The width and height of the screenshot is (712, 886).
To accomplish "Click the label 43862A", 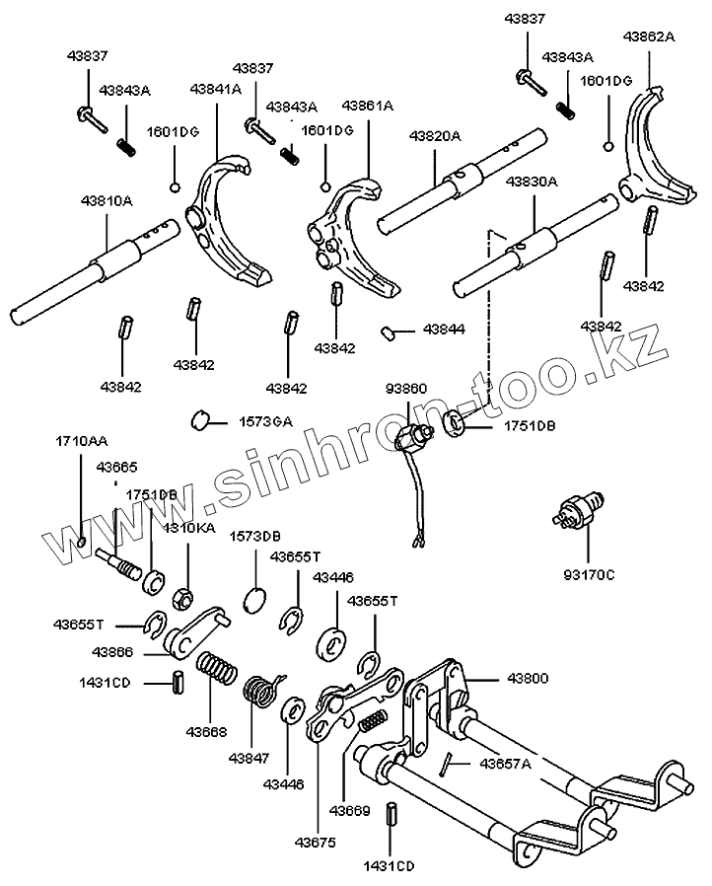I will (648, 37).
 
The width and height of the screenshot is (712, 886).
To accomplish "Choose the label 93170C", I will (588, 573).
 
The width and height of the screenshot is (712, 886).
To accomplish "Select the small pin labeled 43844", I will (391, 332).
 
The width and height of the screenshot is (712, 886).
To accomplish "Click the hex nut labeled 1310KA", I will (181, 599).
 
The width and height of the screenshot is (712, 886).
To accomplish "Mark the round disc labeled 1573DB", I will (254, 599).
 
